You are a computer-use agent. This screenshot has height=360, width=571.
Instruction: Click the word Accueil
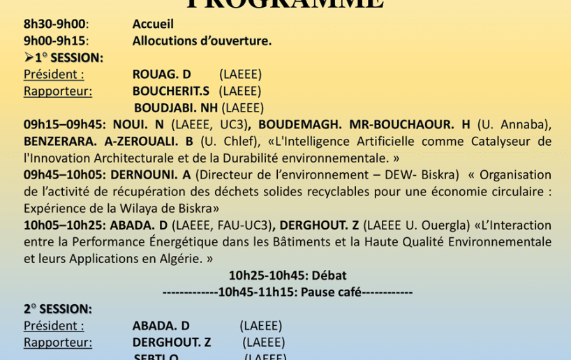153,24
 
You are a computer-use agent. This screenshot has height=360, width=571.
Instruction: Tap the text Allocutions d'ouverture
202,40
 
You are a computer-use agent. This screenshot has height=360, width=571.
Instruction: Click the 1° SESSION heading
69,57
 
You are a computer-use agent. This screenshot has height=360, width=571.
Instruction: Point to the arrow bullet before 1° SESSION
29,57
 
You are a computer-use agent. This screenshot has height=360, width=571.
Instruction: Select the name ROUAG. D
161,74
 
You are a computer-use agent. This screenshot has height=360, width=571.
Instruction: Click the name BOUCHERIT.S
171,91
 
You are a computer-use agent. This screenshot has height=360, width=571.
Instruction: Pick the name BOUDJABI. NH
176,107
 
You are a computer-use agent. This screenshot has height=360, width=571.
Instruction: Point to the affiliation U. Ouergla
436,225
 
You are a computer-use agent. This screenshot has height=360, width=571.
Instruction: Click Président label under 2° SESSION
54,326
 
